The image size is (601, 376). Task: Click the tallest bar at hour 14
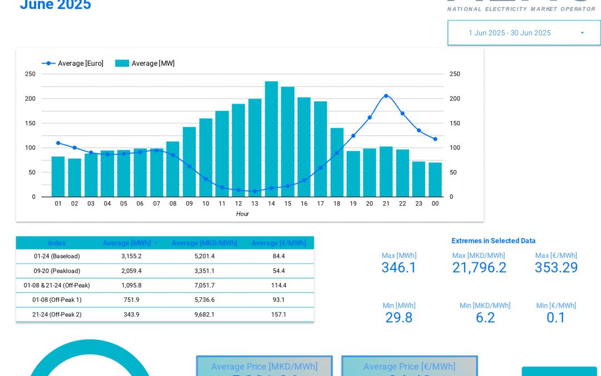click(x=271, y=139)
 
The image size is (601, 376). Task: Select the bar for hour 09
click(x=189, y=162)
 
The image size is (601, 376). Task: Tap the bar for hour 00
click(x=435, y=179)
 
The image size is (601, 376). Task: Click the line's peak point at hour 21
click(x=386, y=96)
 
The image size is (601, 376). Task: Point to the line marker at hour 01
click(x=58, y=143)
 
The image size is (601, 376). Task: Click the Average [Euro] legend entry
click(x=73, y=64)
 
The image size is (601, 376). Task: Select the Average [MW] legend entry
click(x=145, y=64)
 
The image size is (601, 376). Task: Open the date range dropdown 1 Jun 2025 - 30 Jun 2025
click(x=524, y=33)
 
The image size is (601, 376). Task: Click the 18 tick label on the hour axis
click(x=337, y=204)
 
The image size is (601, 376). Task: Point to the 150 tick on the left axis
click(x=30, y=123)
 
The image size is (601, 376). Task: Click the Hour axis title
click(x=242, y=214)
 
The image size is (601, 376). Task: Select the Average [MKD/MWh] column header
click(x=204, y=243)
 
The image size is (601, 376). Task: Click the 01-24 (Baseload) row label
click(x=57, y=256)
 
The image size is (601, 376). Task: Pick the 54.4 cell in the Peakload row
click(x=279, y=271)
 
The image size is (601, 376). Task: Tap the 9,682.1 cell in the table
click(x=204, y=314)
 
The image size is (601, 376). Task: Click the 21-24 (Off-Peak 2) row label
click(x=57, y=314)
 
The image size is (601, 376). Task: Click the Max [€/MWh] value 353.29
click(x=556, y=268)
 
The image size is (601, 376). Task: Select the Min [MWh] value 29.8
click(x=399, y=318)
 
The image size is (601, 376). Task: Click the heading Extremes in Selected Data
click(x=493, y=241)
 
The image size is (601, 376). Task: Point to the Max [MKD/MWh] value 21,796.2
click(x=479, y=268)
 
